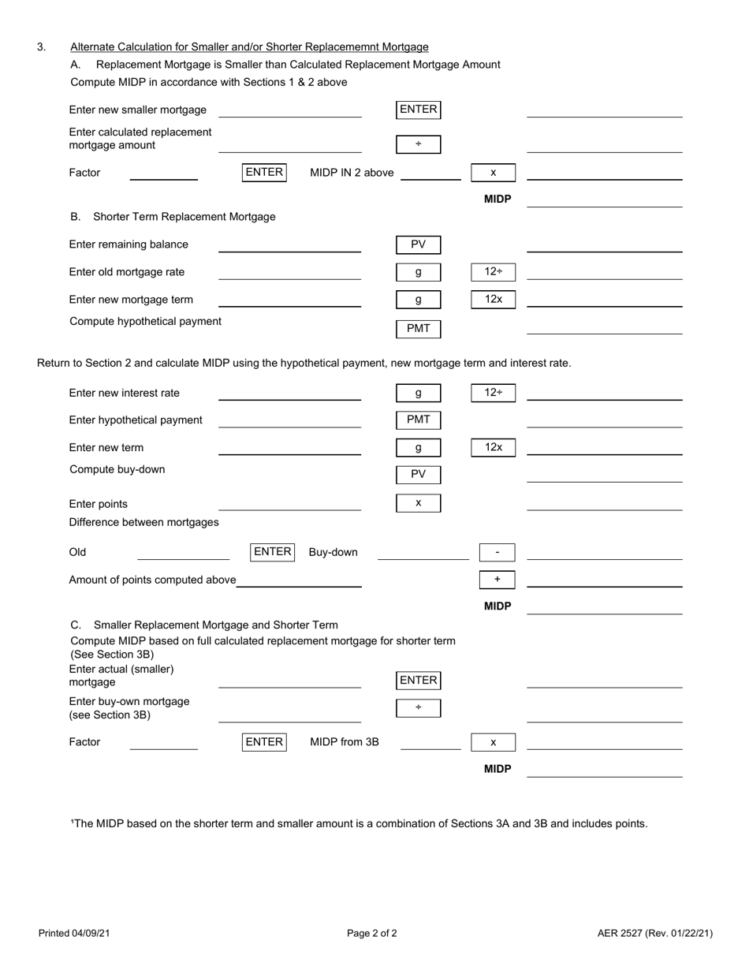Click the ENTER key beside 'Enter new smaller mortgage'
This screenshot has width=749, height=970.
[x=418, y=110]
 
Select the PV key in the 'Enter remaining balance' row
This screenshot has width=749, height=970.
[x=418, y=245]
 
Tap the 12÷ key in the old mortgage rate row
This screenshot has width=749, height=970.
[x=493, y=272]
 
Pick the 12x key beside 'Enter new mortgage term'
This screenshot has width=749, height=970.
[x=493, y=300]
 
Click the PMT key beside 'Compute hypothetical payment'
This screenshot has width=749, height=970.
[x=418, y=329]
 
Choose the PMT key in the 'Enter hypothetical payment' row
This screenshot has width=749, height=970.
[x=418, y=420]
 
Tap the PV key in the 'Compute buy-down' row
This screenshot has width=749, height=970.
[x=418, y=475]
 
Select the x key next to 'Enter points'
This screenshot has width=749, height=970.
[x=418, y=503]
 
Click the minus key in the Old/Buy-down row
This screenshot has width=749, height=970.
[x=497, y=553]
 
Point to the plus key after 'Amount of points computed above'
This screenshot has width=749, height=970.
[x=497, y=580]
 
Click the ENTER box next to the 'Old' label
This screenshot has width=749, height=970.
[x=272, y=552]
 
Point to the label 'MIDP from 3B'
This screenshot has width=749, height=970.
[x=345, y=742]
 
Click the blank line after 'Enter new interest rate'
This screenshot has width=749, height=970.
[x=289, y=399]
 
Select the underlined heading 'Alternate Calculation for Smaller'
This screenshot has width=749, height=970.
[x=249, y=47]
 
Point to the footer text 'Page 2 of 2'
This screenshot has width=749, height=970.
[x=372, y=934]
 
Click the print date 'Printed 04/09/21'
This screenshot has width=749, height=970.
[x=74, y=934]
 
